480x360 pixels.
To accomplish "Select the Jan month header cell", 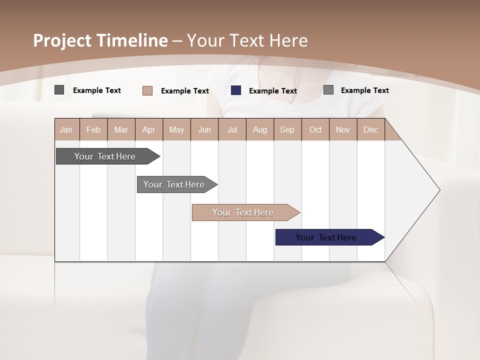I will (x=66, y=129).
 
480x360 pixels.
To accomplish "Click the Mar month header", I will (x=121, y=129).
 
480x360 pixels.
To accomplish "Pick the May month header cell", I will (x=176, y=129).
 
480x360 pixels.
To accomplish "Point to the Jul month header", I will (x=232, y=129).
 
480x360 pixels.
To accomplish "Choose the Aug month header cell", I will (x=259, y=129).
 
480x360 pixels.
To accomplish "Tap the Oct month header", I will (x=315, y=129).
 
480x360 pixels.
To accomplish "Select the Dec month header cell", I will (x=370, y=129).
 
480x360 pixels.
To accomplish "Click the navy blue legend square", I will (x=236, y=90).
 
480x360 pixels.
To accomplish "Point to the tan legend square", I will (x=147, y=90).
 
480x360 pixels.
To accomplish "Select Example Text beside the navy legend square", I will (x=272, y=91).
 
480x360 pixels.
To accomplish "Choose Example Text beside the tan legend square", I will (x=184, y=91).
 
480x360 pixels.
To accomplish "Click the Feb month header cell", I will (x=93, y=129).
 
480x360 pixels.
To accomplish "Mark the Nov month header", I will (x=342, y=129).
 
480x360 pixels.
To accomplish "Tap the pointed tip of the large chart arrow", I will (x=438, y=190).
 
